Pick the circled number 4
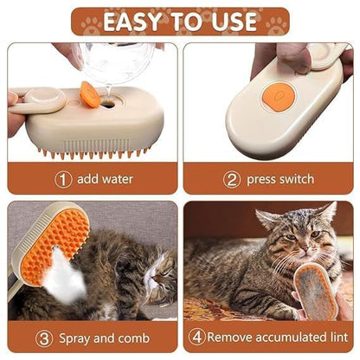198,337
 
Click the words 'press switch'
280,179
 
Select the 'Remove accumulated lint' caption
273,337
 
